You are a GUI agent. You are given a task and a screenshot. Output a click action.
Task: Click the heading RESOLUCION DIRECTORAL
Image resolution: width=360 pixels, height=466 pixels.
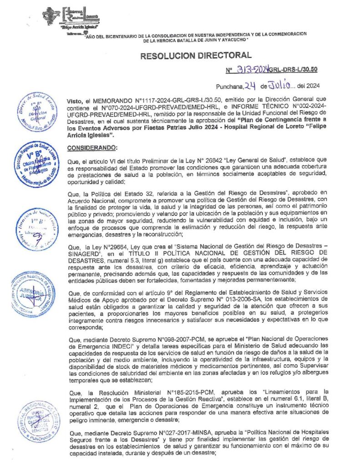[x=196, y=56]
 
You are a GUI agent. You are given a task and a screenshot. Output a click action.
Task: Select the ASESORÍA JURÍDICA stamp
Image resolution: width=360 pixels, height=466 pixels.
[x=32, y=294]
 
